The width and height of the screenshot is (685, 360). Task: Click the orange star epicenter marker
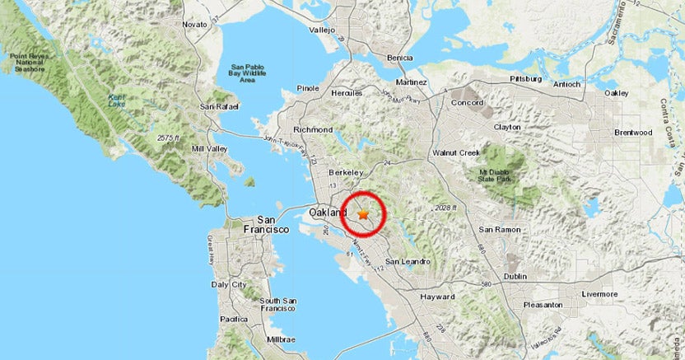(x=363, y=214)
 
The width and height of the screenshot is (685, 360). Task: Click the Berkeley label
(x=346, y=172)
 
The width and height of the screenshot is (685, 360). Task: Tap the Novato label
(x=194, y=25)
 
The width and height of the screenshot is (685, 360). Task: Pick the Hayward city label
(x=437, y=297)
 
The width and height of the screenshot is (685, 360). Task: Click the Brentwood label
(x=633, y=132)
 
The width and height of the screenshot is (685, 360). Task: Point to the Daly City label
(x=229, y=284)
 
